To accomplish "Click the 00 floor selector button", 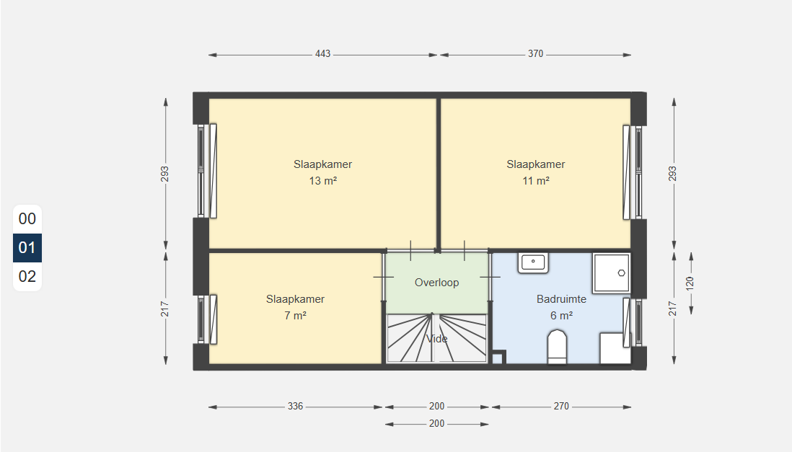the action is point(27,218).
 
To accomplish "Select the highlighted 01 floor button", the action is point(27,247).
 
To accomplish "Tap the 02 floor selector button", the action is point(27,276).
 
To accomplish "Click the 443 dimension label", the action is point(322,53).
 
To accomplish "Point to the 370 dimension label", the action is point(535,53).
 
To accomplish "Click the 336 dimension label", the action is point(296,406).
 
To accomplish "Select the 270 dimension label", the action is point(561,406).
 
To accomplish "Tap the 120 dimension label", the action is point(690,283).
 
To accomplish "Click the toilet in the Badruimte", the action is point(557,347).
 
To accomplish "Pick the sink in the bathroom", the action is point(533,262).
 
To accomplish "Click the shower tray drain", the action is point(621,272).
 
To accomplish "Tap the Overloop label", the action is point(437,283).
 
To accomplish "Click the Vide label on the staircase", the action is point(437,338).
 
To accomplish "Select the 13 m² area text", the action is point(322,181).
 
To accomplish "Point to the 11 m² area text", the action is point(536,181).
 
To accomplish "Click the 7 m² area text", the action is point(296,316).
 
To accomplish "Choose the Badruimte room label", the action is point(561,299).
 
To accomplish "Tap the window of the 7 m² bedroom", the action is point(207,319).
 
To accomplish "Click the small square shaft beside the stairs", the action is point(498,358).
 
